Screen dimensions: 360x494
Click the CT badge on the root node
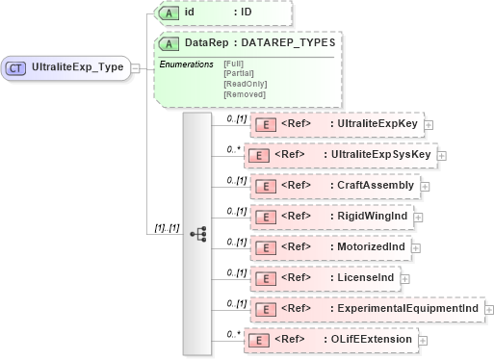click(x=16, y=68)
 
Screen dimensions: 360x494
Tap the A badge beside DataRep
click(x=169, y=43)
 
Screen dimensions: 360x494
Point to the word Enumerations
click(x=186, y=64)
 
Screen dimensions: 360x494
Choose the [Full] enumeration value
click(x=233, y=64)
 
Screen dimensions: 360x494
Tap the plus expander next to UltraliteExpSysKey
click(x=442, y=154)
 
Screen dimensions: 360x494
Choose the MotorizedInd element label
click(x=369, y=246)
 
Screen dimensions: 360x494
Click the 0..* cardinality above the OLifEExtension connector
click(x=232, y=333)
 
